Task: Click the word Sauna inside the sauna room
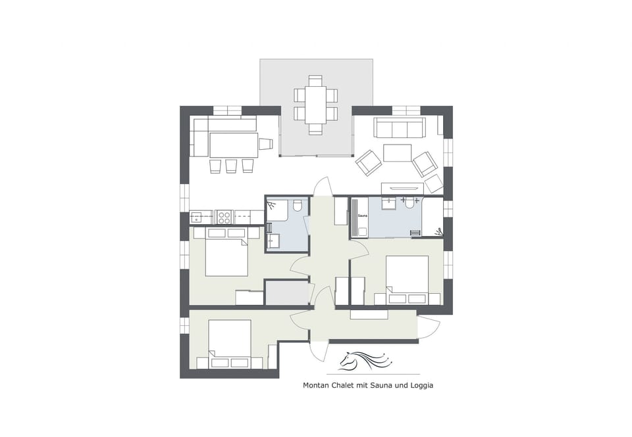point(362,215)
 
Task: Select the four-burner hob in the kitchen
point(224,217)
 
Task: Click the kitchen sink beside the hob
point(199,217)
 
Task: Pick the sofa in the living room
point(400,127)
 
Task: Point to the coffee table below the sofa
point(397,152)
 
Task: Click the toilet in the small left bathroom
point(297,207)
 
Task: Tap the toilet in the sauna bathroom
point(409,203)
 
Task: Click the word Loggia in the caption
point(419,386)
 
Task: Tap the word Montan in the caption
point(317,386)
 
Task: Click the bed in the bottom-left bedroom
point(230,342)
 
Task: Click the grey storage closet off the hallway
point(287,293)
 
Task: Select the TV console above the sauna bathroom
point(402,189)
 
